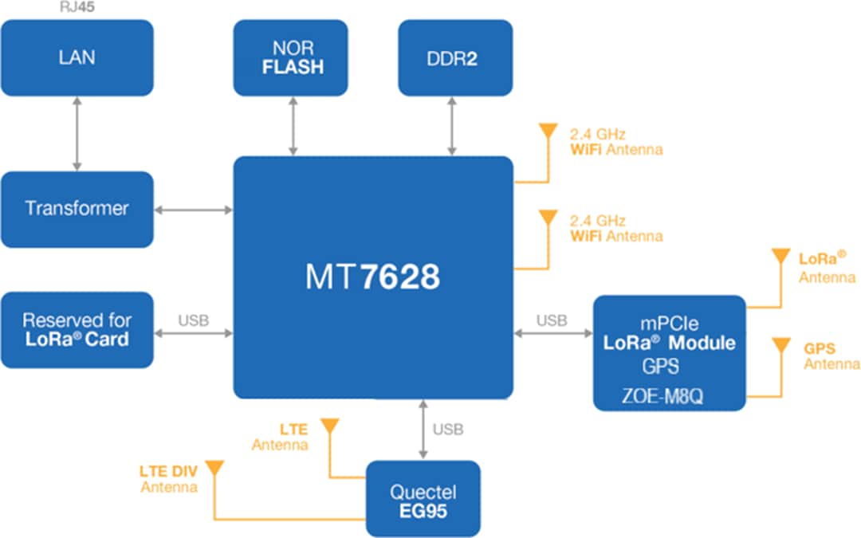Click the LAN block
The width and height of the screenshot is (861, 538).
[77, 57]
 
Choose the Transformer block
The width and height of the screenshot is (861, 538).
[77, 209]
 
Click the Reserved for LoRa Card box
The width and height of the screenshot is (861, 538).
[77, 329]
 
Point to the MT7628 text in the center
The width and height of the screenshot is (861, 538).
[372, 277]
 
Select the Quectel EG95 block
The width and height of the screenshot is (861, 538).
[423, 500]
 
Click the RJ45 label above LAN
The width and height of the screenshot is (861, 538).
[78, 6]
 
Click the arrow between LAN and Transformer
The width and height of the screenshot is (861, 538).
[77, 133]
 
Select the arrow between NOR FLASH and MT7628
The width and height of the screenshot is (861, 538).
[294, 125]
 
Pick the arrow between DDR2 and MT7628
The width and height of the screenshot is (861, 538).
[452, 125]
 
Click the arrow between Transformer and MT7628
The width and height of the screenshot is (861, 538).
[193, 210]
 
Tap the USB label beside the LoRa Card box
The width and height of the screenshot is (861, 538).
[193, 320]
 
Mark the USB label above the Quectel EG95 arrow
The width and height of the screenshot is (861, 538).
[448, 430]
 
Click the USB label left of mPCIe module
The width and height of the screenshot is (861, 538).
[552, 320]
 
